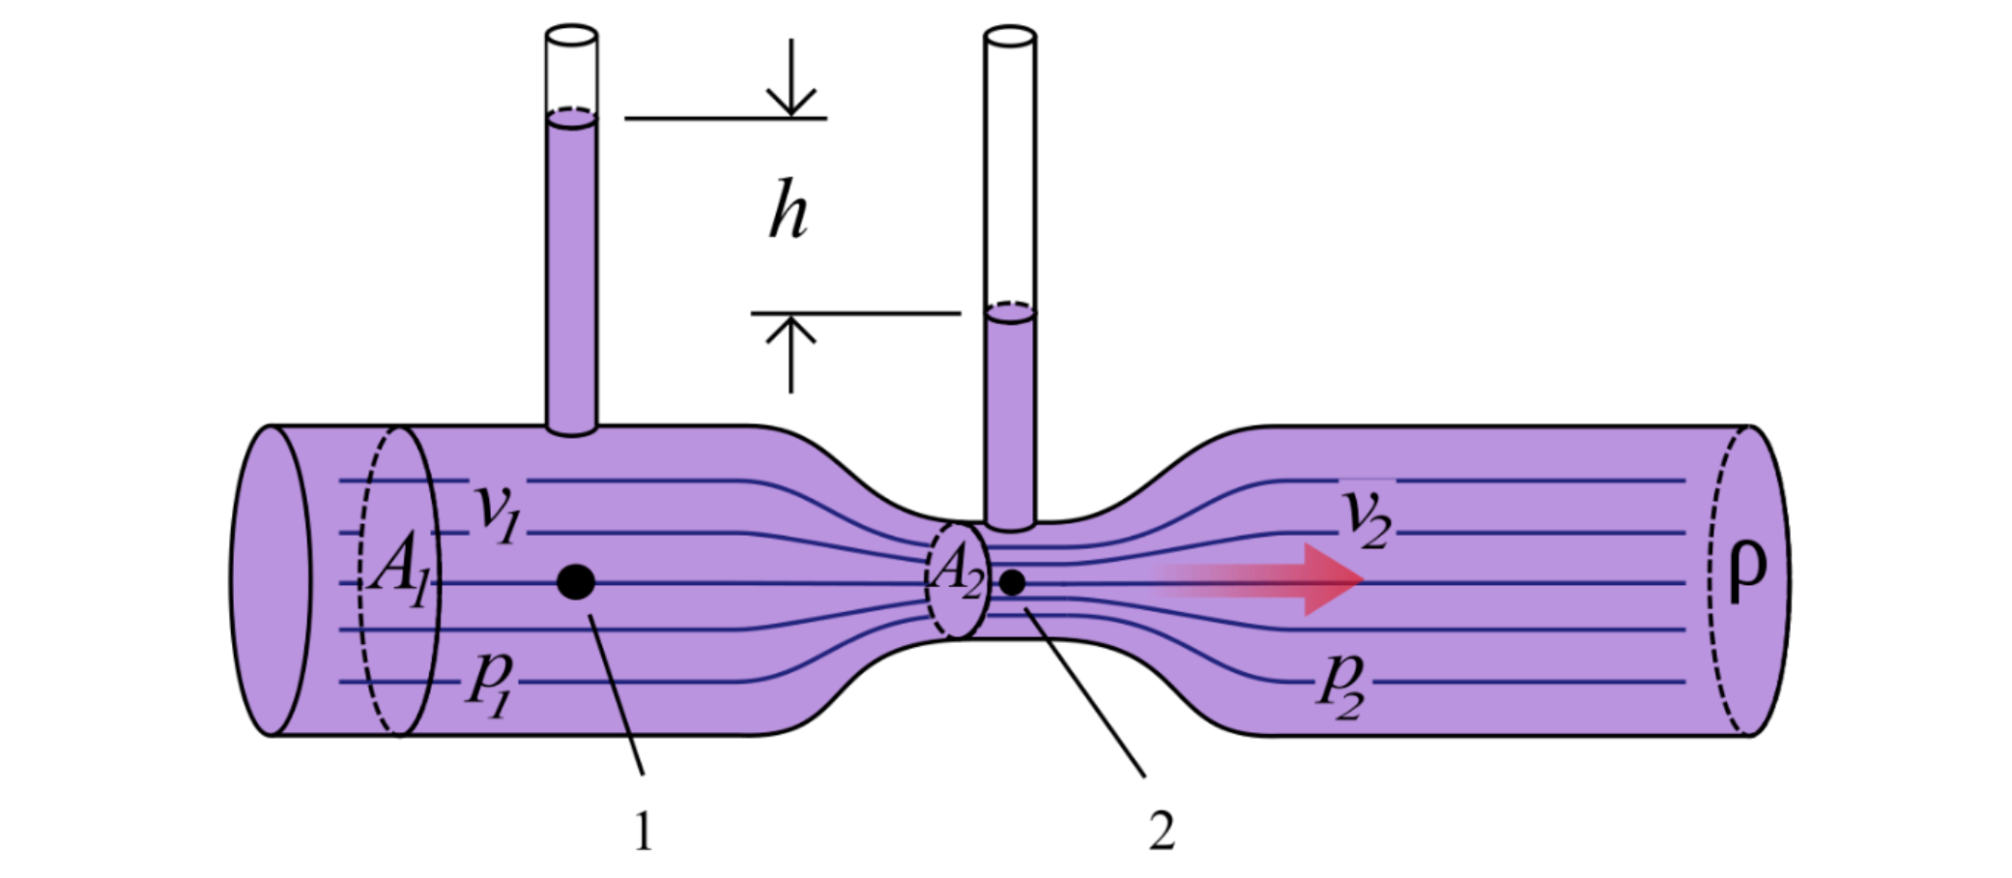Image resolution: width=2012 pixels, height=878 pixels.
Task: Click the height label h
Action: point(789,210)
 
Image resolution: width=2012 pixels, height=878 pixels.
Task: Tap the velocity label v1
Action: point(497,512)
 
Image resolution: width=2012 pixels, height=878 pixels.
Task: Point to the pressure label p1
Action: point(491,682)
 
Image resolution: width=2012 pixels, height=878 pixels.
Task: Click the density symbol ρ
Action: point(1746,570)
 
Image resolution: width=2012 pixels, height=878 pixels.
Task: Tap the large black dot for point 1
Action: point(576,582)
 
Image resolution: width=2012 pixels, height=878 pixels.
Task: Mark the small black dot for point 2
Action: point(1012,582)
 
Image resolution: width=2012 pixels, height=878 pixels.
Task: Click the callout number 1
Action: point(644,831)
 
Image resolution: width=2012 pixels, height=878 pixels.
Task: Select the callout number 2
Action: point(1162,831)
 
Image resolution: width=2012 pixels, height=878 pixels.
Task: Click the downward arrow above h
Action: point(791,82)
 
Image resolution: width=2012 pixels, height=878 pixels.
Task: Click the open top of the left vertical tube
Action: point(571,36)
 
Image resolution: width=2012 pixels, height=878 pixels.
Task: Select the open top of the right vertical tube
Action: point(1010,37)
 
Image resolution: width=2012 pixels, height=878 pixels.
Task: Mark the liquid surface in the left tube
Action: point(571,118)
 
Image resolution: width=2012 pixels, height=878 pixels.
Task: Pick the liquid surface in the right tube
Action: point(1010,312)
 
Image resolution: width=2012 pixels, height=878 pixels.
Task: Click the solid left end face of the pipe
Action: point(271,580)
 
